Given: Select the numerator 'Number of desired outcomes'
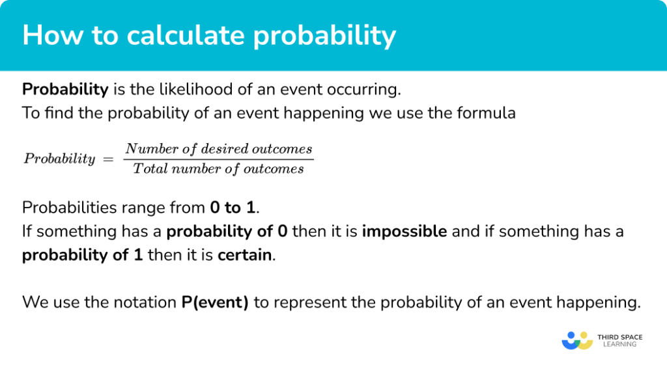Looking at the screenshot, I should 219,149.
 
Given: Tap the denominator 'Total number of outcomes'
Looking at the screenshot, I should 219,169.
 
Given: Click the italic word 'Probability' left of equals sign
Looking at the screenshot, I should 59,159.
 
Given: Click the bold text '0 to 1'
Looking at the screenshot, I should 233,208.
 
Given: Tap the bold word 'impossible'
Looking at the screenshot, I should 404,231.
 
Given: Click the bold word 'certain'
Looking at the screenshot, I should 244,254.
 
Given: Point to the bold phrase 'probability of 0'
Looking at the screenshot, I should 227,231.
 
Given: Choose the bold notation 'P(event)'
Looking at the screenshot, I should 215,302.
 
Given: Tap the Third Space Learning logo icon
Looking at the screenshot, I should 576,340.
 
